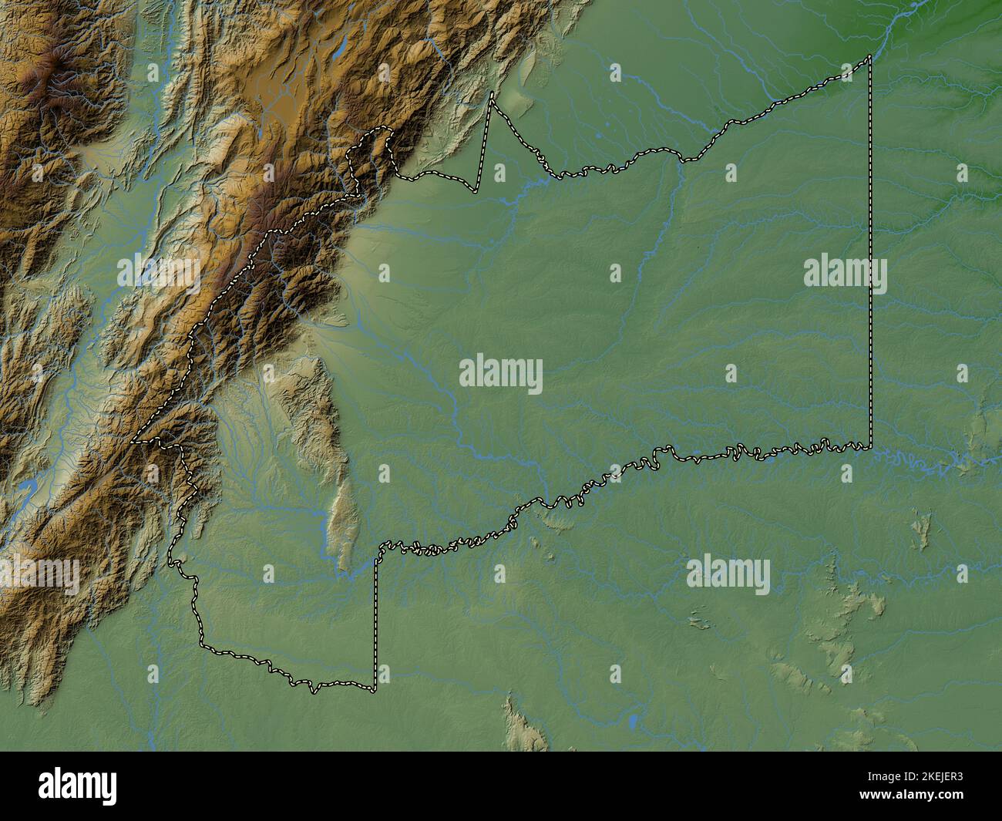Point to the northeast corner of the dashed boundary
click(870, 56)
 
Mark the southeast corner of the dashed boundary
click(871, 447)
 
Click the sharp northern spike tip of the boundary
click(492, 93)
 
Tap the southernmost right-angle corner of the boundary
click(375, 686)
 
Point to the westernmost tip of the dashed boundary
click(132, 443)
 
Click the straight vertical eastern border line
click(871, 254)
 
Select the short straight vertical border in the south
click(376, 617)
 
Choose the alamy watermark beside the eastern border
click(845, 274)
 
